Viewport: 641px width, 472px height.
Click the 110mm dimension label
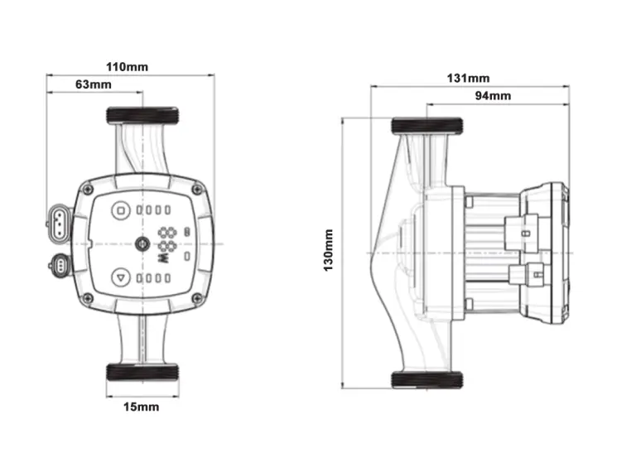(x=131, y=66)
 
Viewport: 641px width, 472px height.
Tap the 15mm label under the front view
(x=141, y=407)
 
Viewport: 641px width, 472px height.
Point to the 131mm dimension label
(x=468, y=78)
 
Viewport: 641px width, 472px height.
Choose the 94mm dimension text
(x=494, y=96)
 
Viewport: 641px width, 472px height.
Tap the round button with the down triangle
(x=121, y=278)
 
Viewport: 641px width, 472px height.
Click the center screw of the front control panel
(x=142, y=244)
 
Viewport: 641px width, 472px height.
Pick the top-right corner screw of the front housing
(x=195, y=190)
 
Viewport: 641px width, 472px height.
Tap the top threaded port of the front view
(x=142, y=116)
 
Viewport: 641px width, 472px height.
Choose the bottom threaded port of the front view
(x=142, y=372)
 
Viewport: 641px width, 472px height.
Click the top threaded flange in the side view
(x=428, y=126)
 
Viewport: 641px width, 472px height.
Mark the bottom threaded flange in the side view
(x=428, y=380)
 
